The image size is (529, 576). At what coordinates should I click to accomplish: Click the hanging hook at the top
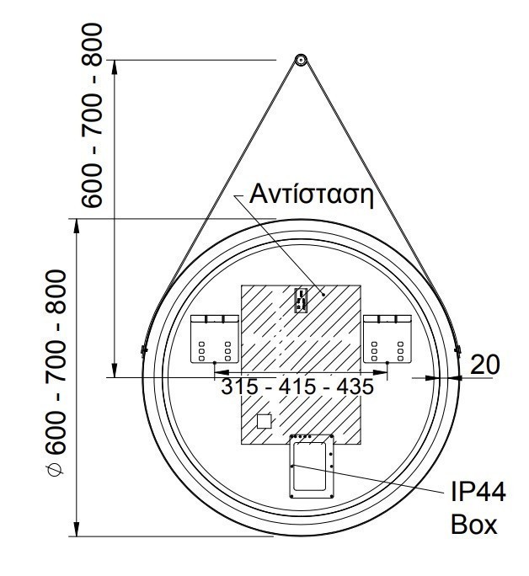pos(301,61)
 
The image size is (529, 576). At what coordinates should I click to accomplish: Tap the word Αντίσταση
pos(312,195)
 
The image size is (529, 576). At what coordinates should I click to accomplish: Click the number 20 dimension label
pos(485,365)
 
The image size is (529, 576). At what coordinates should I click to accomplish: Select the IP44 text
pos(478,492)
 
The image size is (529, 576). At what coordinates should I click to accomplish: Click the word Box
pos(474,525)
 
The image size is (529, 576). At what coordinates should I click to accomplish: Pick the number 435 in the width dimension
pos(355,387)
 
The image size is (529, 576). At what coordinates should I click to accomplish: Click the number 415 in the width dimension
pos(297,387)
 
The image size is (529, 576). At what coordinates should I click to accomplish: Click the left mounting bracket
pos(215,339)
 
